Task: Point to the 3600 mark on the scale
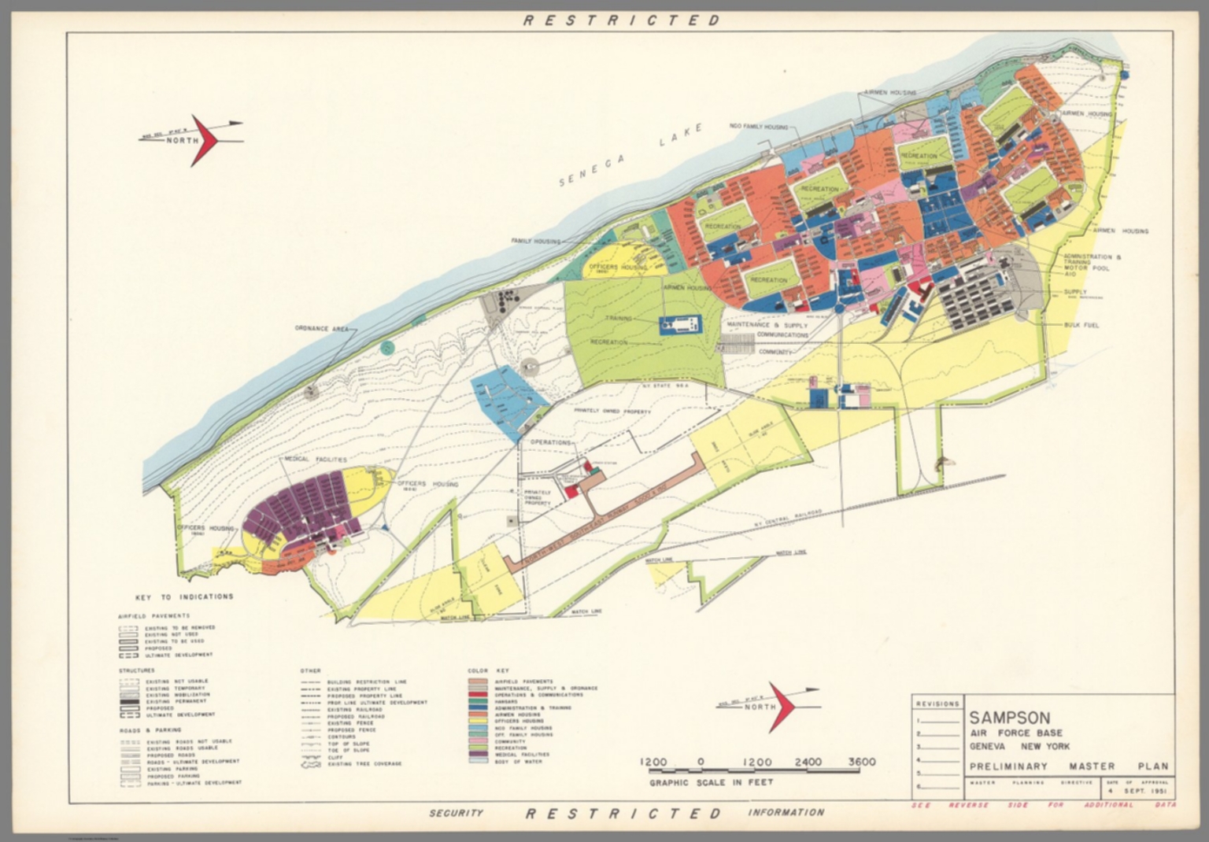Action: (x=861, y=762)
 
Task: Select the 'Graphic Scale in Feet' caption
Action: (x=711, y=782)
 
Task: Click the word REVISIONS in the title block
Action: (x=937, y=704)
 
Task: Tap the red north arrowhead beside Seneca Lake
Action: (x=206, y=141)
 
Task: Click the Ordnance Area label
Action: (x=321, y=328)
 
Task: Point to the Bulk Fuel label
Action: (x=1081, y=325)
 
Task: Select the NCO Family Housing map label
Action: (x=759, y=126)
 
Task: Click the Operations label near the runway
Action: (x=550, y=443)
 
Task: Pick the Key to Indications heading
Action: (x=184, y=596)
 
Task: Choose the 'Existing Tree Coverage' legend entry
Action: (x=364, y=764)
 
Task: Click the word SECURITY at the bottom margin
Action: (x=456, y=813)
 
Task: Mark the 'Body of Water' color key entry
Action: (x=517, y=762)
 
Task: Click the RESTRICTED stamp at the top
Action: (x=622, y=20)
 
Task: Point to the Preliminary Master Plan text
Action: (x=1068, y=766)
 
